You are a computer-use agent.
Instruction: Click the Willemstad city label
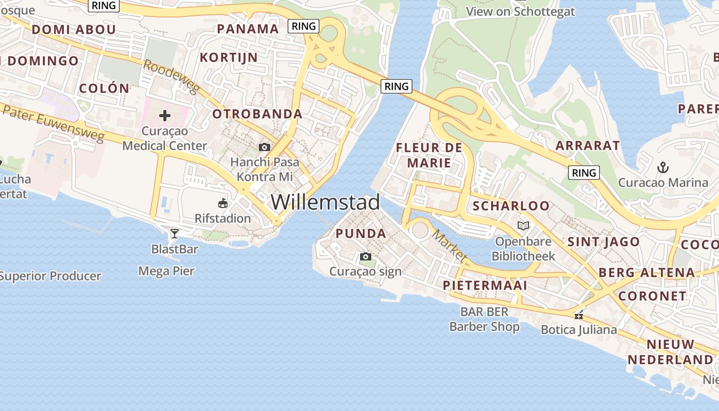pyautogui.click(x=325, y=202)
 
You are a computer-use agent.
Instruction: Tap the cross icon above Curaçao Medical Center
pyautogui.click(x=165, y=116)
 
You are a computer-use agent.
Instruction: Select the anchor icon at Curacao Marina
pyautogui.click(x=663, y=167)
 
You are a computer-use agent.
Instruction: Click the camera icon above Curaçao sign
pyautogui.click(x=365, y=256)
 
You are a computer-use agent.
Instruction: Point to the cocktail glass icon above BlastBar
pyautogui.click(x=175, y=234)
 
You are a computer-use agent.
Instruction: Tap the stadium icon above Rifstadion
pyautogui.click(x=223, y=203)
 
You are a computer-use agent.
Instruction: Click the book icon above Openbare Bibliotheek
pyautogui.click(x=523, y=226)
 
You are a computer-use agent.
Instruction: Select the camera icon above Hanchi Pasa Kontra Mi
pyautogui.click(x=264, y=147)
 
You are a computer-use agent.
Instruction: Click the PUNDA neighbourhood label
pyautogui.click(x=361, y=234)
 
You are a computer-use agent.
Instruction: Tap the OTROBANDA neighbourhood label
pyautogui.click(x=257, y=114)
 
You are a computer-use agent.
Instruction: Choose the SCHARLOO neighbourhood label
pyautogui.click(x=511, y=206)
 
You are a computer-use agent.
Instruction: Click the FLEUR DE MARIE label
pyautogui.click(x=429, y=155)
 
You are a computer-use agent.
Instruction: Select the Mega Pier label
pyautogui.click(x=166, y=271)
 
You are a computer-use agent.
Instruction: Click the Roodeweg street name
pyautogui.click(x=171, y=78)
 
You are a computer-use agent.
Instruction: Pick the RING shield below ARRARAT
pyautogui.click(x=584, y=173)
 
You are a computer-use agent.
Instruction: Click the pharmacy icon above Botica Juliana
pyautogui.click(x=579, y=315)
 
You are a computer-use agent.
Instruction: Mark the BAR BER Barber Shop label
pyautogui.click(x=484, y=319)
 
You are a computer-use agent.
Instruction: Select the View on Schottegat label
pyautogui.click(x=520, y=11)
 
